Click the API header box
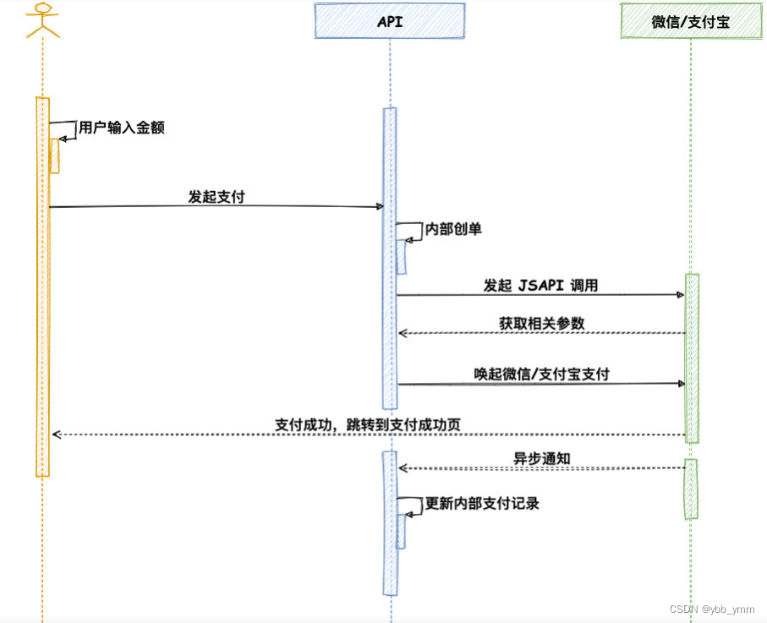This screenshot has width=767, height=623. [390, 21]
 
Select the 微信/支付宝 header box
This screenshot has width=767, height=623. [691, 21]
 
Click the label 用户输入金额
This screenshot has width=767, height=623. [121, 128]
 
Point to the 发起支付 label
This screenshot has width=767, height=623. [216, 197]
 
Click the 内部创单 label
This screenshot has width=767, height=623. [453, 229]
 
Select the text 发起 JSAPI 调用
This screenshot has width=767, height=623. [540, 286]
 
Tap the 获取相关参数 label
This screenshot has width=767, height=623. [541, 324]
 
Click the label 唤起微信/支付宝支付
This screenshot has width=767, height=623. [541, 374]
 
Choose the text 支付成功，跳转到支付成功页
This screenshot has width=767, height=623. [368, 424]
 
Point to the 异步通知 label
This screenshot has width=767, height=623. [541, 459]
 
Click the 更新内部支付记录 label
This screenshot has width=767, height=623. [482, 504]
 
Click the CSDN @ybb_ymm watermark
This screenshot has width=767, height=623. [711, 609]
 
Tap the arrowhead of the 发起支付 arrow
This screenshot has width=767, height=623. [381, 206]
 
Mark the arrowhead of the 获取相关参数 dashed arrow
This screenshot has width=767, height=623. [403, 333]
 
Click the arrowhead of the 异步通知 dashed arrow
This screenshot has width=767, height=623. [403, 468]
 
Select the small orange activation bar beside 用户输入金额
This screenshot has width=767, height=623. [55, 156]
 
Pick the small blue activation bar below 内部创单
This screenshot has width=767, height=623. [402, 256]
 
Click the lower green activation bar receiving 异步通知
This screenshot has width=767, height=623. [691, 489]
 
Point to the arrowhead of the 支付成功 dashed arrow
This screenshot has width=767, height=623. [56, 434]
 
